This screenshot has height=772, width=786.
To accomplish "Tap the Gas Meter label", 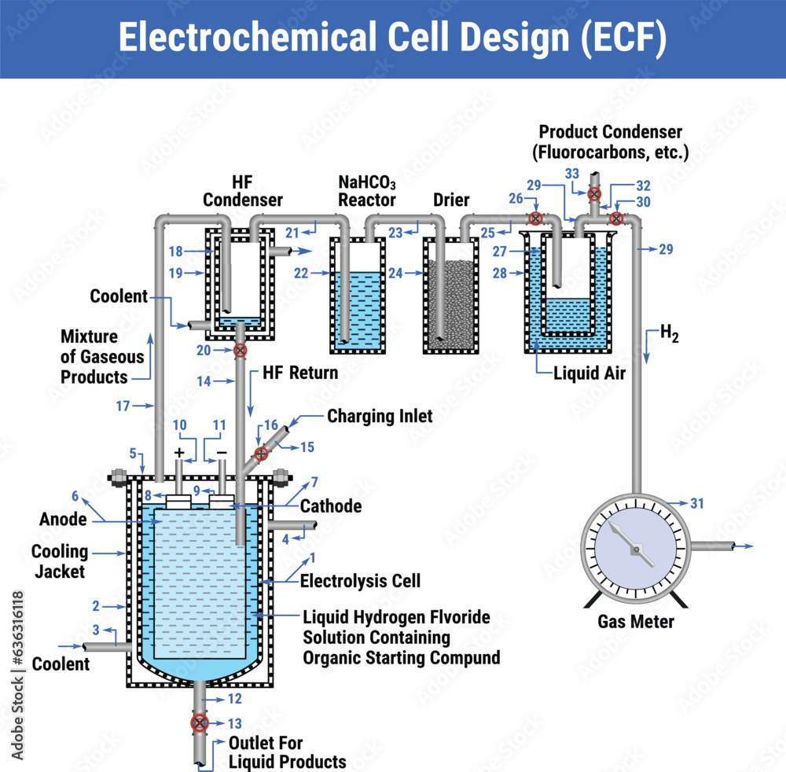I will (x=636, y=621).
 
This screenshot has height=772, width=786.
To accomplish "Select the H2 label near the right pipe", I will (x=669, y=333).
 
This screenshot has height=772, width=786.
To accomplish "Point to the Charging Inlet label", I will (x=380, y=416).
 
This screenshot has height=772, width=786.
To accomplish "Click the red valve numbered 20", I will (x=241, y=351).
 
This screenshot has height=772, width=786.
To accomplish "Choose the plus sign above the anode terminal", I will (x=180, y=453).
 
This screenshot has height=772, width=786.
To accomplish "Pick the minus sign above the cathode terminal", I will (x=222, y=453).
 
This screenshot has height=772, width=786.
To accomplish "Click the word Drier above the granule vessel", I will (x=452, y=199).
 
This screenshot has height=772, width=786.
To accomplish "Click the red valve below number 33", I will (x=594, y=193).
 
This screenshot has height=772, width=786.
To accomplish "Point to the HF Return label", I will (x=301, y=373).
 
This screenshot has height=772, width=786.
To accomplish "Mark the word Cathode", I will (x=331, y=506).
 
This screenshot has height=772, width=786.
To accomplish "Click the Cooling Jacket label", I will (x=60, y=561).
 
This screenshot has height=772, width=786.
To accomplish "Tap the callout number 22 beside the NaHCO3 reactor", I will (x=301, y=273).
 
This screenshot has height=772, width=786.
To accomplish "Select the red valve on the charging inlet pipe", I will (x=261, y=454).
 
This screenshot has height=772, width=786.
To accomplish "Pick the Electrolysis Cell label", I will (x=360, y=581).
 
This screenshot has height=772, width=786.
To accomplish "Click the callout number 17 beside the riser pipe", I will (x=123, y=406).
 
